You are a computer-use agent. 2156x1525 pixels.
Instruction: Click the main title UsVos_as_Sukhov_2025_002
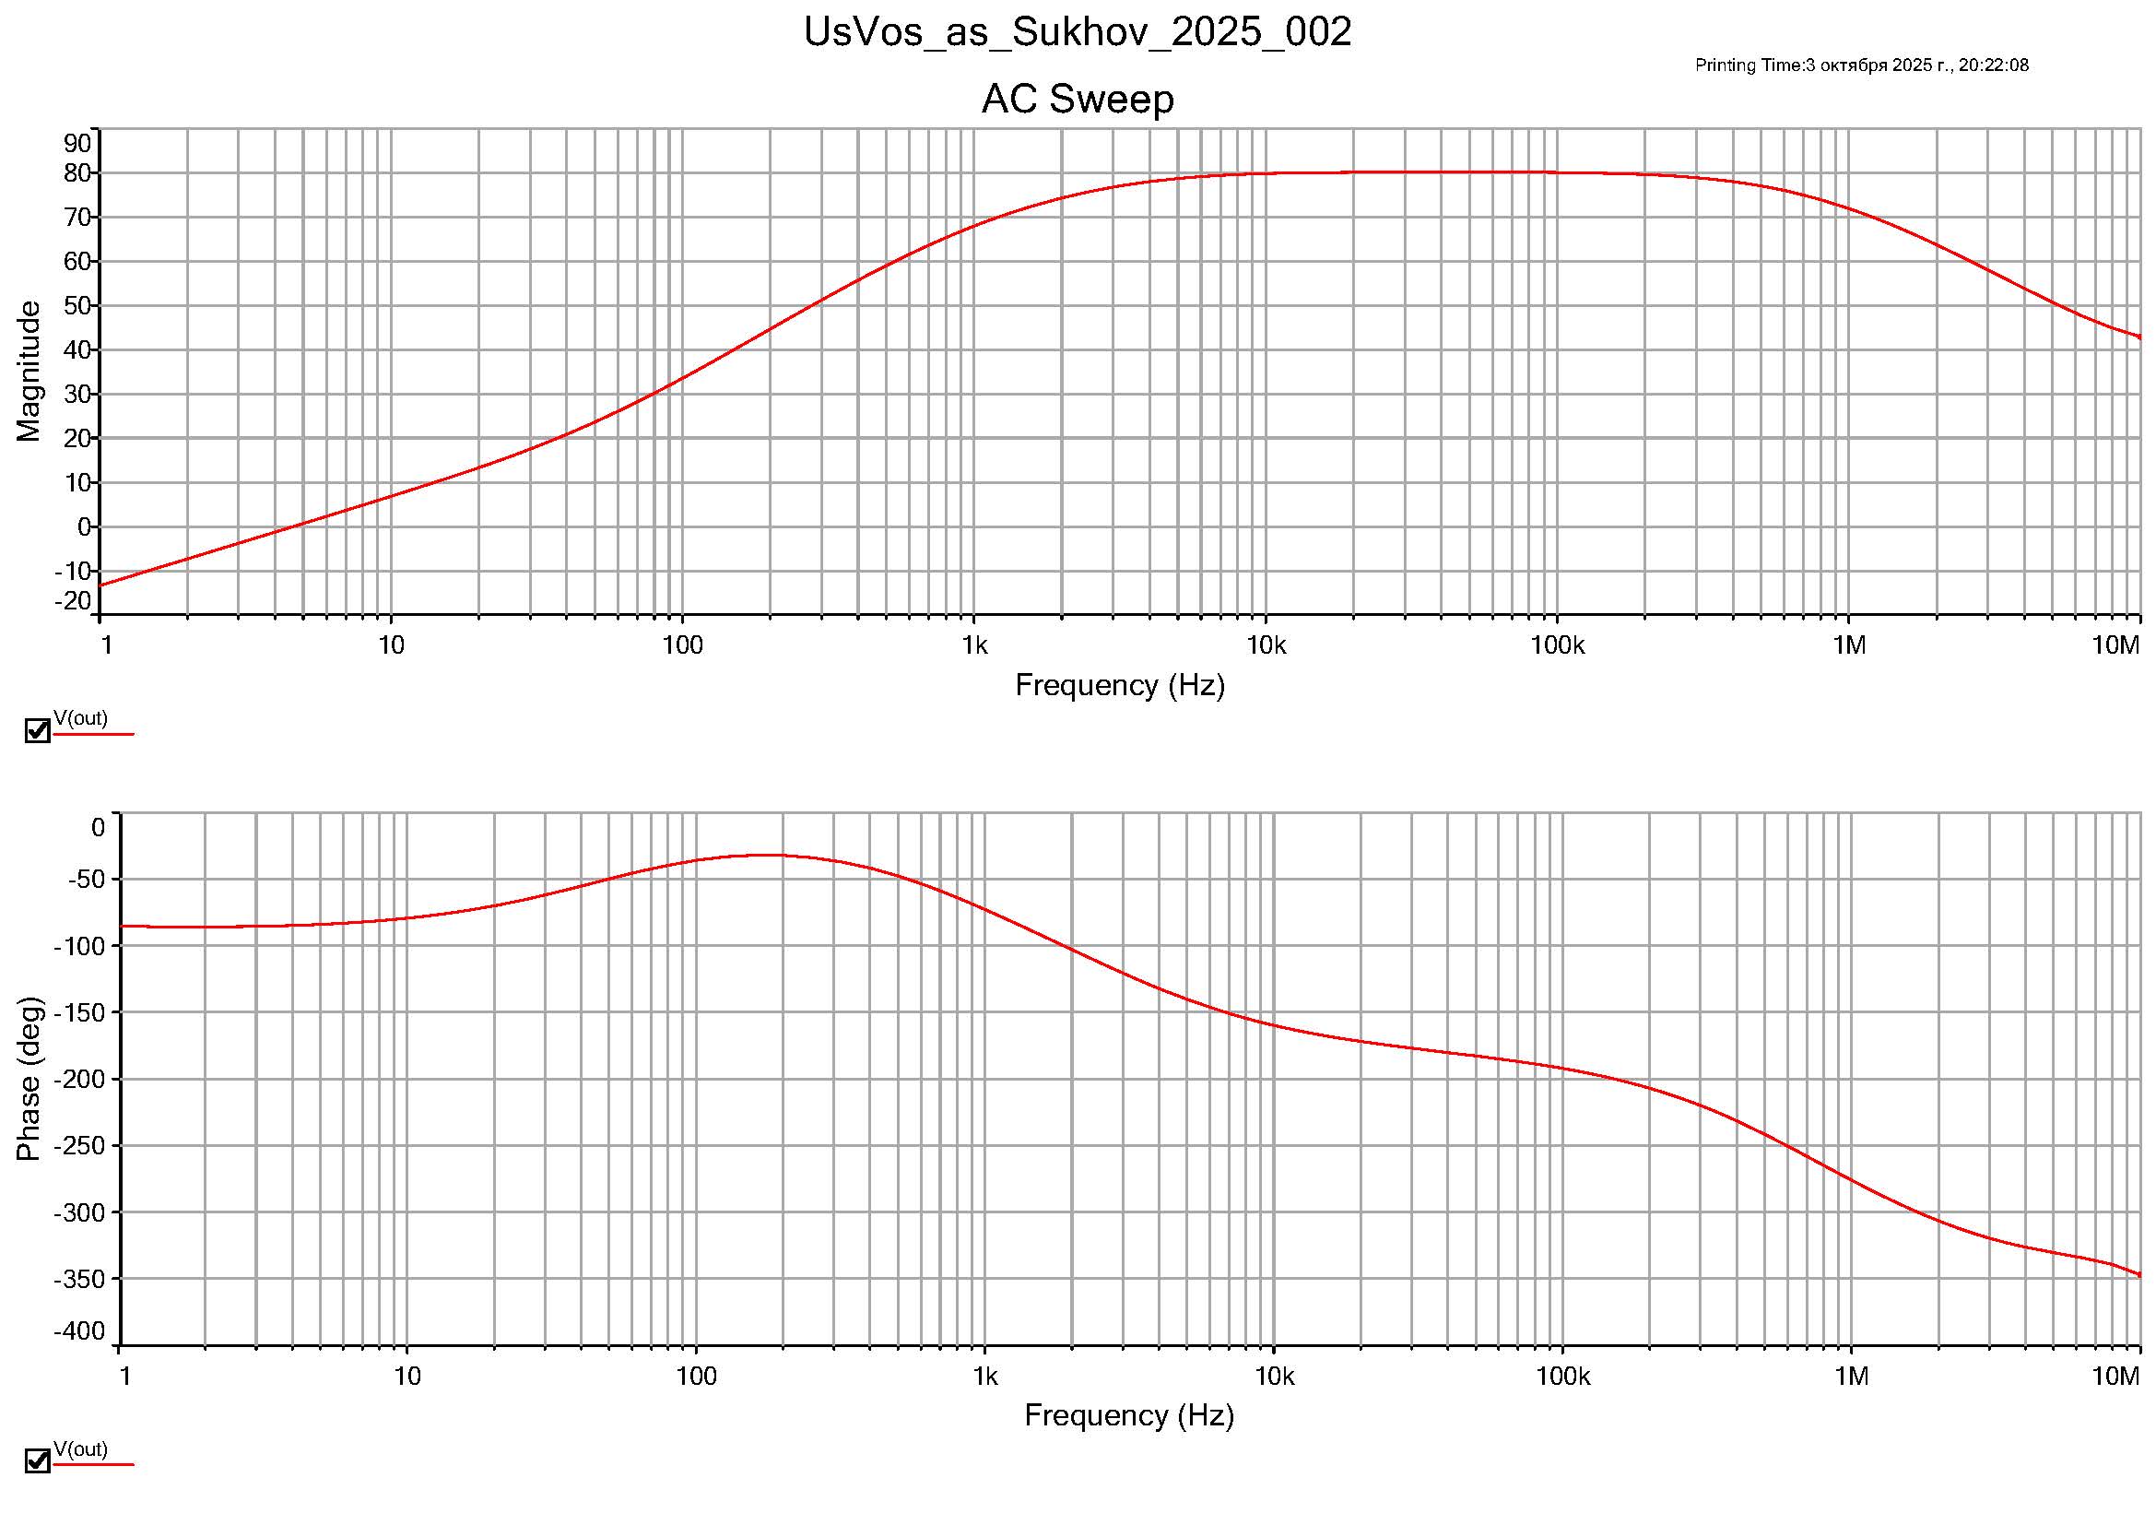[x=1077, y=32]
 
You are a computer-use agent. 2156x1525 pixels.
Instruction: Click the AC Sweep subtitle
[x=1077, y=99]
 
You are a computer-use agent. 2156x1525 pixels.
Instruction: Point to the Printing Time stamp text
[x=1861, y=65]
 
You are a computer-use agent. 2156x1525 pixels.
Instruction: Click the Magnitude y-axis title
[x=29, y=371]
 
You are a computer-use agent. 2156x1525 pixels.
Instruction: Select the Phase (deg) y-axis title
[x=29, y=1079]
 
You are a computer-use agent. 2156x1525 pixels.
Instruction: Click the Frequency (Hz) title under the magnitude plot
[x=1119, y=684]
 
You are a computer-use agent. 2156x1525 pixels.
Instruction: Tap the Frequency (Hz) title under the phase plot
[x=1129, y=1414]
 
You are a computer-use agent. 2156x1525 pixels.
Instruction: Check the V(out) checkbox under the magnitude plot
[x=37, y=730]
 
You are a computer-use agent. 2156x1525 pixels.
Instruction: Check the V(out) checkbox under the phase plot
[x=37, y=1461]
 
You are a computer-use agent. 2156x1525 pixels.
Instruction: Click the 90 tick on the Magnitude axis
[x=77, y=144]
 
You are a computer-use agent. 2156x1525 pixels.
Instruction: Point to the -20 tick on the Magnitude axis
[x=73, y=601]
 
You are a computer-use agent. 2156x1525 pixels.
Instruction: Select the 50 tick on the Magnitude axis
[x=77, y=306]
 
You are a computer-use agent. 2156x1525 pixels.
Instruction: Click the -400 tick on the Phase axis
[x=80, y=1330]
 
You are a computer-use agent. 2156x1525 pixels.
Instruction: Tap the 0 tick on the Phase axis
[x=98, y=827]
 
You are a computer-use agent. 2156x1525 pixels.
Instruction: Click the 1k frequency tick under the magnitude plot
[x=973, y=645]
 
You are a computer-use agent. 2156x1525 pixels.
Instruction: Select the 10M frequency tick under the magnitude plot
[x=2115, y=645]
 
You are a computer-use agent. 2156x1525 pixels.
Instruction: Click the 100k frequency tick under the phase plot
[x=1562, y=1377]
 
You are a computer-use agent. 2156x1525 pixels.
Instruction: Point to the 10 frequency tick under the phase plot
[x=406, y=1377]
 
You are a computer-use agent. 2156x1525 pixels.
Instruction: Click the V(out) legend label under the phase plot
[x=81, y=1449]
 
